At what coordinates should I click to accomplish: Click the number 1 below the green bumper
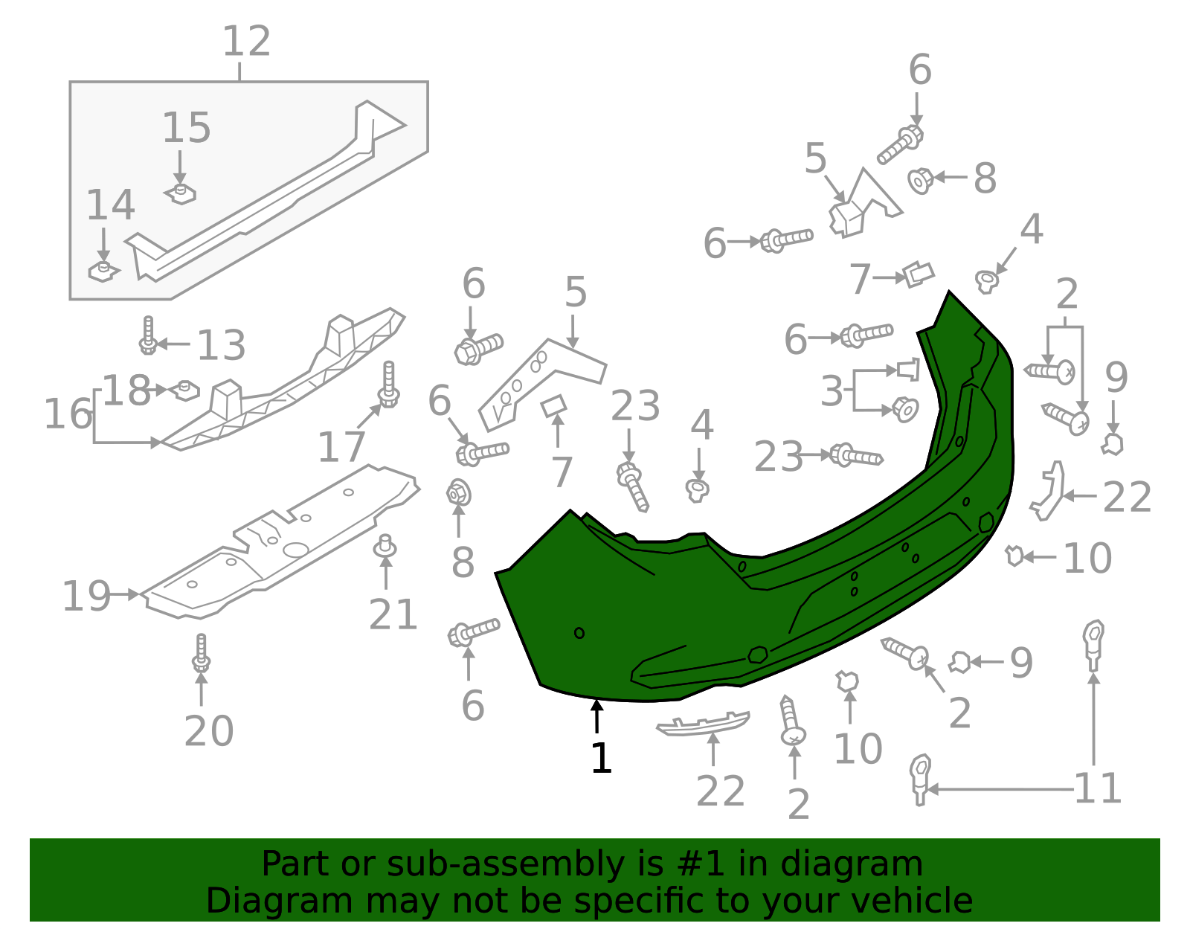coord(601,759)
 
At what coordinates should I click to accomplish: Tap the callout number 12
coord(246,42)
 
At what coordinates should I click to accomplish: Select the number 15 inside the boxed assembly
coord(187,128)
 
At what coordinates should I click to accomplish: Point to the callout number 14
coord(110,205)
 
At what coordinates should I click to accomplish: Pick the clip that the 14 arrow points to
coord(103,271)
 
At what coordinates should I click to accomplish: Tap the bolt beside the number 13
coord(148,336)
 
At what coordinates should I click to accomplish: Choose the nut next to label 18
coord(186,390)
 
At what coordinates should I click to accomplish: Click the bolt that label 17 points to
coord(388,385)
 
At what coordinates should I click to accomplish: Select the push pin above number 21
coord(385,547)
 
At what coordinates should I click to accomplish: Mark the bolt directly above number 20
coord(201,653)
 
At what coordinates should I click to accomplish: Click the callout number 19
coord(86,597)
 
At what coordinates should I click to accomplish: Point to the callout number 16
coord(68,414)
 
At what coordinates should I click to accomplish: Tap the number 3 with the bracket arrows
coord(832,391)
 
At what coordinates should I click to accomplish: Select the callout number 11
coord(1098,788)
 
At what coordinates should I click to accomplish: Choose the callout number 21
coord(393,614)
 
